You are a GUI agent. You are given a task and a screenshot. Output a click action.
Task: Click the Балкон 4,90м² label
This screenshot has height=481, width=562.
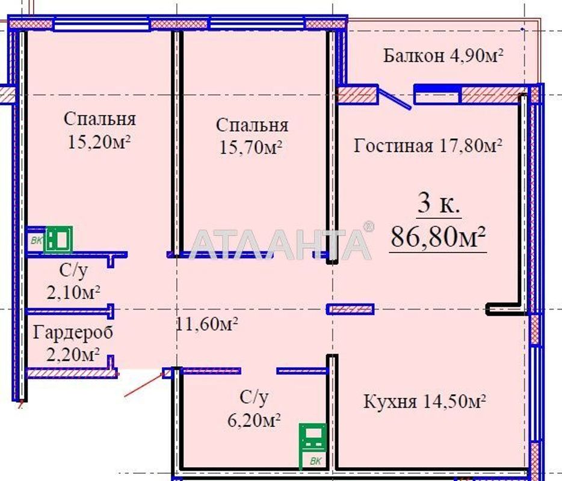click(443, 56)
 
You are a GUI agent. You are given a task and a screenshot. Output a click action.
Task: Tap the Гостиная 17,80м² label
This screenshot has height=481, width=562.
click(428, 146)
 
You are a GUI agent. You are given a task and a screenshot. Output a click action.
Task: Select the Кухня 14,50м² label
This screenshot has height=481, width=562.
click(425, 401)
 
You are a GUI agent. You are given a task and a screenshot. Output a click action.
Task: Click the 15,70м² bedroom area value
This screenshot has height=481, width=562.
click(252, 147)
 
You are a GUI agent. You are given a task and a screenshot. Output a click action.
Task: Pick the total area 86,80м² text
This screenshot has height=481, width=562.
click(438, 237)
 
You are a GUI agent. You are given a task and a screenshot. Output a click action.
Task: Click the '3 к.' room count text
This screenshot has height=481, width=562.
click(439, 204)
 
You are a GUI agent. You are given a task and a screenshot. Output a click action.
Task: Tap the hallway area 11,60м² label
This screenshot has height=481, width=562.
click(207, 324)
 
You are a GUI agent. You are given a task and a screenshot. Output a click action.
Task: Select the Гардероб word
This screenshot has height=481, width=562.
click(73, 331)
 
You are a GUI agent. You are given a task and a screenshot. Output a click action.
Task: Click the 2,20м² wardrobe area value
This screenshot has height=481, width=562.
click(73, 354)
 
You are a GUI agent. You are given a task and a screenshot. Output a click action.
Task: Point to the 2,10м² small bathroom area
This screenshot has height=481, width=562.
click(73, 292)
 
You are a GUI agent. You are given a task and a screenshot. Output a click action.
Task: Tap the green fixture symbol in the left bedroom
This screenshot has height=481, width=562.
click(59, 239)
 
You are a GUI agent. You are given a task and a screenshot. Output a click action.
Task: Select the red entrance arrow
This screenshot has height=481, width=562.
click(144, 384)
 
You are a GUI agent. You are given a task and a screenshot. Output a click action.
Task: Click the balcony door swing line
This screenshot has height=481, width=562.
click(394, 99)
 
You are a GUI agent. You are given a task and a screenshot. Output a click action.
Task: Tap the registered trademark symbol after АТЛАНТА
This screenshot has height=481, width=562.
click(368, 227)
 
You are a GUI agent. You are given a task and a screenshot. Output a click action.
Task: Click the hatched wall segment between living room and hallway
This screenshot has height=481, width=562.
click(350, 309)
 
